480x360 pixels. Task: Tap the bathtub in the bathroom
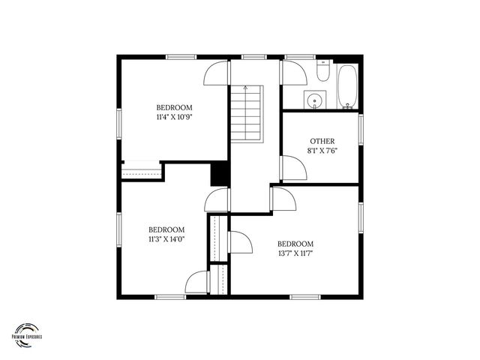click(x=347, y=87)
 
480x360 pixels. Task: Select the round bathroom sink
click(x=313, y=100)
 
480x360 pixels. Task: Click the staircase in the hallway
click(x=246, y=113)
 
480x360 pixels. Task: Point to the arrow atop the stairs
click(x=246, y=88)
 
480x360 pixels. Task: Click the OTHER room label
click(x=322, y=141)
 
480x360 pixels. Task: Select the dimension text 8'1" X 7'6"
click(x=322, y=151)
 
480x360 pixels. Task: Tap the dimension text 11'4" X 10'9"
click(x=175, y=117)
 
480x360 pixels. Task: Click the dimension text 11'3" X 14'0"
click(x=166, y=239)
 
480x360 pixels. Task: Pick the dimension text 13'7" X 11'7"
click(x=295, y=253)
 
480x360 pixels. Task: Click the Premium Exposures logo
click(x=28, y=333)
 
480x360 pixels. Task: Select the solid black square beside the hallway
click(x=219, y=173)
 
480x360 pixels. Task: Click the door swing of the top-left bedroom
click(x=217, y=73)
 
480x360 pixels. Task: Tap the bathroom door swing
click(x=293, y=74)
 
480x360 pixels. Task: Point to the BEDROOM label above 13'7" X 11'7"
click(x=295, y=244)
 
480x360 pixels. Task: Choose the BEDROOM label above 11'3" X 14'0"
click(x=166, y=229)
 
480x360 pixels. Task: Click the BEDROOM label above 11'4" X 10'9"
click(x=175, y=107)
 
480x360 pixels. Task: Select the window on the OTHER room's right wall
click(x=361, y=127)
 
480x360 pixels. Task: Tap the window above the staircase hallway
click(x=253, y=56)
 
